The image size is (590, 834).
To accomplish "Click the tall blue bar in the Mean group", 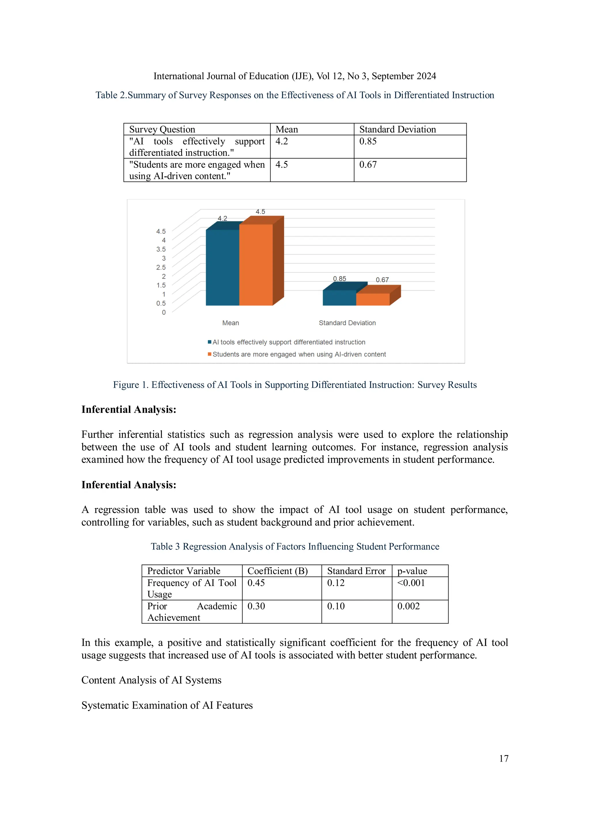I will coord(222,267).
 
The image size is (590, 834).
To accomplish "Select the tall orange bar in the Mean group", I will coord(256,265).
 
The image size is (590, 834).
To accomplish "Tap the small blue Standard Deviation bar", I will coord(339,298).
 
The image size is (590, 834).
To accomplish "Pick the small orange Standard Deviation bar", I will coord(372,299).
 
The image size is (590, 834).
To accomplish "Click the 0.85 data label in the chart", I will coord(340,279).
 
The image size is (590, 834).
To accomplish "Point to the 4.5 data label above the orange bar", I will coord(260,211).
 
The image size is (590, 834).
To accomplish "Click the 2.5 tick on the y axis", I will coord(161,267).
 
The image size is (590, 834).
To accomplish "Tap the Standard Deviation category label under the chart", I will coord(347,323).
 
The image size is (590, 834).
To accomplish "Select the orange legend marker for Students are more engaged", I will coord(210,354).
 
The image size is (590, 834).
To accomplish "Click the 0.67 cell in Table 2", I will coord(368,165).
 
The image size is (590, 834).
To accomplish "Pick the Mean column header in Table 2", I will coord(287,129).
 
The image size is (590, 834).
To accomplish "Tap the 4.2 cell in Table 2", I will coord(282,141).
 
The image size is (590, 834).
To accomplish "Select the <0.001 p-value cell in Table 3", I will coord(411,583).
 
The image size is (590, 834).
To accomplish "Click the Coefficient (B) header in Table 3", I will coord(277,571).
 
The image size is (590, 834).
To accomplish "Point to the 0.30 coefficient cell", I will coord(256,606).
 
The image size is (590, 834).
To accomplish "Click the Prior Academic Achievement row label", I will coord(192,612).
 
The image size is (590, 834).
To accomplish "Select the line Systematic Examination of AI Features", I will coord(167,705).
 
